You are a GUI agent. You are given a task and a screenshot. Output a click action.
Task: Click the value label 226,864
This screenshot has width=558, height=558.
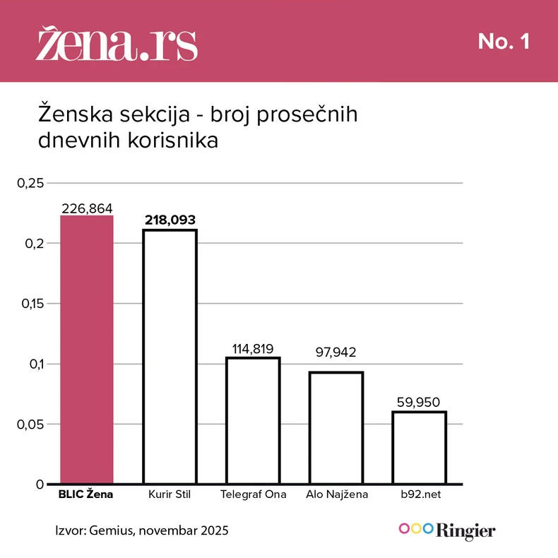[87, 208]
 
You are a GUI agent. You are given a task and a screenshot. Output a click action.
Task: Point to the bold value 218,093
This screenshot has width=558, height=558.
[170, 220]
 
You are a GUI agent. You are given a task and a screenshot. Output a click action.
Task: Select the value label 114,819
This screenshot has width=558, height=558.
[253, 348]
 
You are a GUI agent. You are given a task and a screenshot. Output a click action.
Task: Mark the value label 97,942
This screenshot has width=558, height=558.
[336, 352]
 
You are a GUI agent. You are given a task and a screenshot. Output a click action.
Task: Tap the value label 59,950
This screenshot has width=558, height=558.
[420, 403]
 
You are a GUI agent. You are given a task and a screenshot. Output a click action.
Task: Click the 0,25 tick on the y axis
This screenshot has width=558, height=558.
[30, 184]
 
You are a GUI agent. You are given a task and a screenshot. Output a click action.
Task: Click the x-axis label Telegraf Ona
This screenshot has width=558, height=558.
[253, 494]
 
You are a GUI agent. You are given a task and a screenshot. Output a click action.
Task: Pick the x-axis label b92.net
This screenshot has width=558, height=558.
[420, 494]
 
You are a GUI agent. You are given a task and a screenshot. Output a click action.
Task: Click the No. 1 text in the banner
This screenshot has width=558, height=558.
[504, 42]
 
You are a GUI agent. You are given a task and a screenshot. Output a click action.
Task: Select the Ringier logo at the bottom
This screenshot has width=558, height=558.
[447, 530]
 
